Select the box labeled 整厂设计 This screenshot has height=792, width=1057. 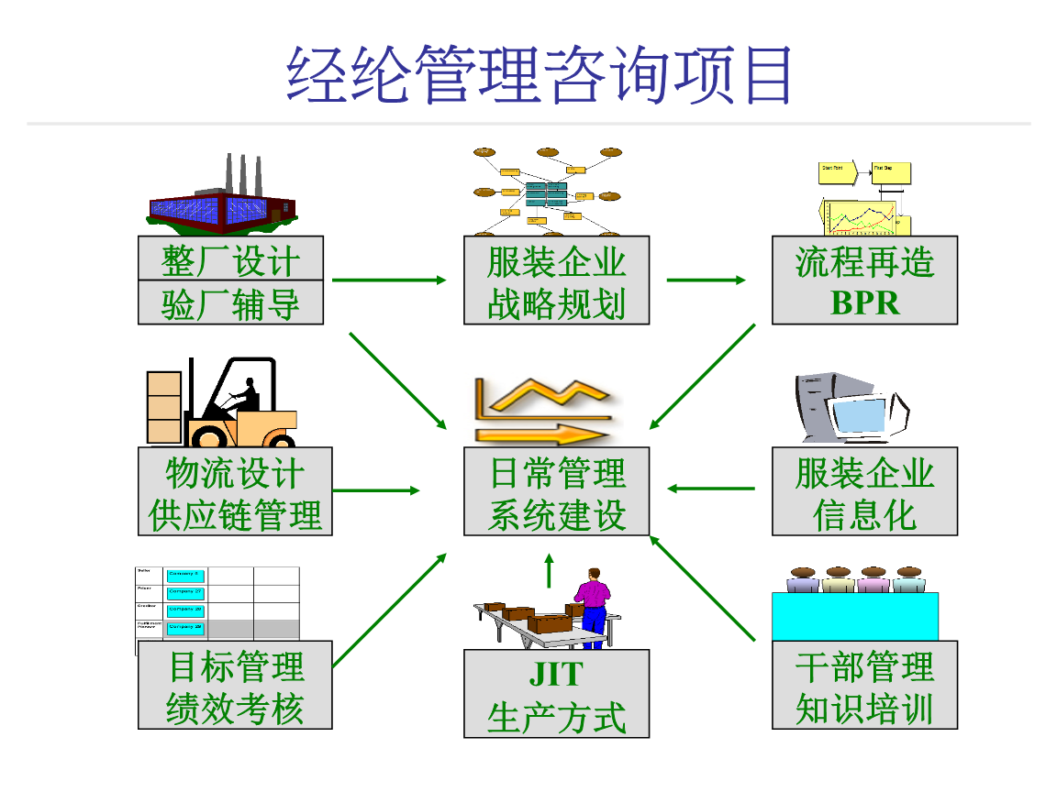pos(230,259)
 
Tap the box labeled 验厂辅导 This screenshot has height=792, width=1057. pos(230,303)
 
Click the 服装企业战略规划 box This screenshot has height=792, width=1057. pos(556,280)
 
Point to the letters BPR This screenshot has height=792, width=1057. pos(864,303)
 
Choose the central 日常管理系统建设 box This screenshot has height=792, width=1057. pos(556,492)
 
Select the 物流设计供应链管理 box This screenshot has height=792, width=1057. pos(235,492)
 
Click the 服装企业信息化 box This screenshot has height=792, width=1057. pos(864,492)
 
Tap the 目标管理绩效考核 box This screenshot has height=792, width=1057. pos(235,687)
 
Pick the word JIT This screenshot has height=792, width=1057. pos(556,674)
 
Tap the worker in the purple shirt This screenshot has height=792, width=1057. pos(593,596)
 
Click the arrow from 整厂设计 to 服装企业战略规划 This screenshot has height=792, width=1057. pos(388,280)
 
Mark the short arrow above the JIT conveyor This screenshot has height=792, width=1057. pos(549,570)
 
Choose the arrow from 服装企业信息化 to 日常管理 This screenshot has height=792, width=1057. pos(710,489)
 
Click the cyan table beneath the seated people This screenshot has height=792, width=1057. pos(854,616)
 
